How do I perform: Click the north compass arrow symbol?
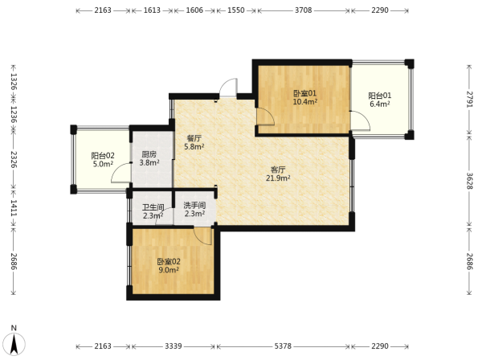click(x=14, y=343)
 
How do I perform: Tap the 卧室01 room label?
click(x=305, y=93)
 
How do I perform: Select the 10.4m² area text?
click(x=305, y=102)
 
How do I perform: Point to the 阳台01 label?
click(x=380, y=96)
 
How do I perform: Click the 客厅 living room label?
click(x=278, y=170)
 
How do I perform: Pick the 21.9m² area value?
click(x=278, y=178)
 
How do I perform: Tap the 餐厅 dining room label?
click(x=194, y=138)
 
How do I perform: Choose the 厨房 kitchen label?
click(x=149, y=154)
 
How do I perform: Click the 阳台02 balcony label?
click(x=103, y=155)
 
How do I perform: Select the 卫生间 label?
click(x=153, y=207)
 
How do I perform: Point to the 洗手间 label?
click(x=194, y=205)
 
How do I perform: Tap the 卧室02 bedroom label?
click(x=169, y=262)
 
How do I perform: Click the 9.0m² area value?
click(x=169, y=270)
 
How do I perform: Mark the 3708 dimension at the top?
click(x=304, y=10)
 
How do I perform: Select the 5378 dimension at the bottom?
click(x=283, y=346)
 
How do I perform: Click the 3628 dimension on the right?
click(x=469, y=181)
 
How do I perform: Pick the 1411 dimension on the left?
click(x=14, y=208)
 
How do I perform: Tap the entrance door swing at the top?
click(x=228, y=88)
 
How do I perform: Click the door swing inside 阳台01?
click(x=361, y=121)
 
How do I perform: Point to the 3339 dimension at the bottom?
click(x=174, y=346)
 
